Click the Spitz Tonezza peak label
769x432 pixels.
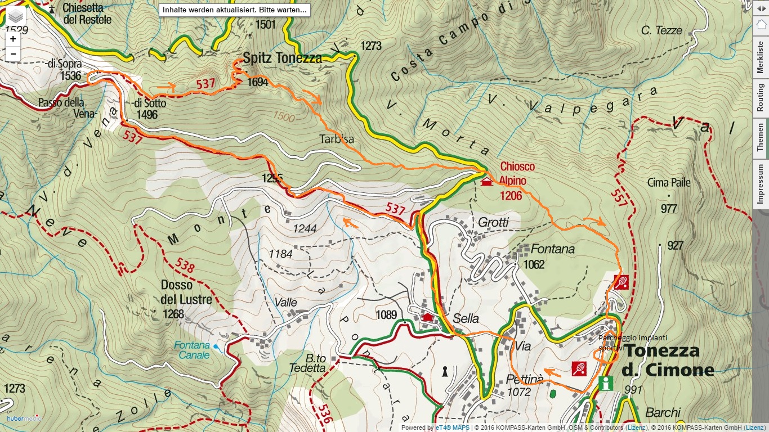pyautogui.click(x=282, y=57)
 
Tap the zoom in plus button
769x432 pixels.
pyautogui.click(x=13, y=39)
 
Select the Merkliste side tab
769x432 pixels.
pyautogui.click(x=761, y=57)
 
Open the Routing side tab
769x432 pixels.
pyautogui.click(x=761, y=97)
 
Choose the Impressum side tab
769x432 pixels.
pyautogui.click(x=761, y=184)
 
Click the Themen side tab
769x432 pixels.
pyautogui.click(x=761, y=138)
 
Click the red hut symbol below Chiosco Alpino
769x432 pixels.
pyautogui.click(x=486, y=182)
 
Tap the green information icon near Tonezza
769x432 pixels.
pyautogui.click(x=606, y=384)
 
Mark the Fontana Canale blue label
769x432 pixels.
pyautogui.click(x=191, y=350)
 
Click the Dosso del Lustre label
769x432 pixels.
pyautogui.click(x=186, y=292)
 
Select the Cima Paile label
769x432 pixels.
pyautogui.click(x=669, y=183)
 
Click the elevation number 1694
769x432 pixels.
pyautogui.click(x=257, y=82)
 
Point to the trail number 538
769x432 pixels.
pyautogui.click(x=185, y=265)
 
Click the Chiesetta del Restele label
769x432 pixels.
pyautogui.click(x=87, y=13)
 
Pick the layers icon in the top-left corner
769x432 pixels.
pyautogui.click(x=16, y=17)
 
